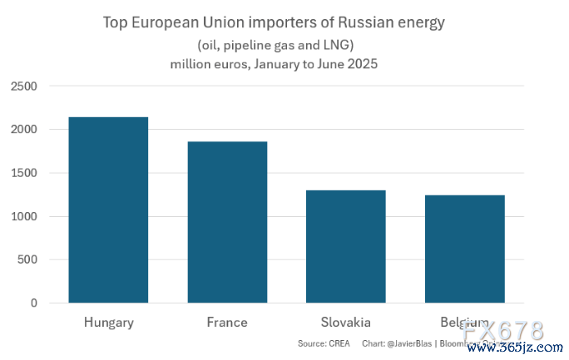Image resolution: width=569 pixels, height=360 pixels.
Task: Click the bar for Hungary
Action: pyautogui.click(x=108, y=210)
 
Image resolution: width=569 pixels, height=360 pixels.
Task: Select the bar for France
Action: pyautogui.click(x=227, y=222)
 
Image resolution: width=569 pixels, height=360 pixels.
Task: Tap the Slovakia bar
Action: pyautogui.click(x=346, y=246)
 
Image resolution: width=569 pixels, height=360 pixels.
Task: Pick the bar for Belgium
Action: pyautogui.click(x=465, y=249)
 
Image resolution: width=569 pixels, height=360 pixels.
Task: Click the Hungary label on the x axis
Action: pyautogui.click(x=108, y=322)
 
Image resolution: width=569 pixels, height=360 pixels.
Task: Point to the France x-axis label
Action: pyautogui.click(x=227, y=322)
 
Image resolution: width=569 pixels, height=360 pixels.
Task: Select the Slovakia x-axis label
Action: pyautogui.click(x=346, y=322)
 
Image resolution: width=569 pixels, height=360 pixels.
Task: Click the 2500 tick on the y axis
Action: pyautogui.click(x=25, y=86)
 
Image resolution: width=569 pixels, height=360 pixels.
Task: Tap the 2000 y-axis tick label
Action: pyautogui.click(x=25, y=130)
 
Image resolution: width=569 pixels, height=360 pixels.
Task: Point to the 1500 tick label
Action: pyautogui.click(x=25, y=173)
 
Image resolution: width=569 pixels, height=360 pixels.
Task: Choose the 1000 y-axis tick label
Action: pyautogui.click(x=25, y=216)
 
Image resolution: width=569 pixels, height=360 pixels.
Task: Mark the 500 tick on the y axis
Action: pyautogui.click(x=28, y=260)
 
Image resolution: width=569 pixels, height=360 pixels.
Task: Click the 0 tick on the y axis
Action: pyautogui.click(x=34, y=303)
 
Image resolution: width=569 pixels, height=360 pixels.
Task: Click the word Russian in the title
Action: pyautogui.click(x=364, y=22)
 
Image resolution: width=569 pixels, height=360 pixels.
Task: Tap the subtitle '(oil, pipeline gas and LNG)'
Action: pyautogui.click(x=275, y=44)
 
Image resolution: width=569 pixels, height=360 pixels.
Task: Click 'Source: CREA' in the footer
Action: pyautogui.click(x=324, y=343)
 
